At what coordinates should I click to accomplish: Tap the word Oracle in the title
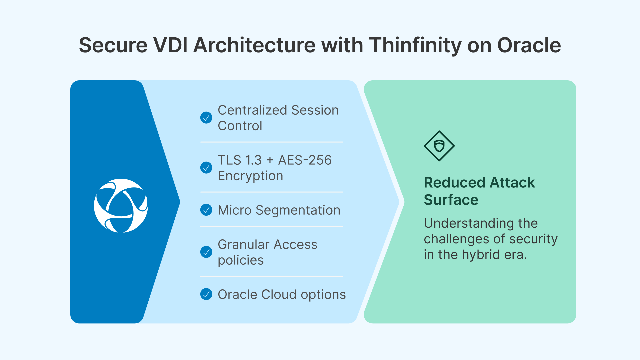pyautogui.click(x=529, y=45)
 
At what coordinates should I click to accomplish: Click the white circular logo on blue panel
pyautogui.click(x=121, y=206)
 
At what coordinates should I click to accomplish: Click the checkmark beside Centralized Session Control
pyautogui.click(x=206, y=118)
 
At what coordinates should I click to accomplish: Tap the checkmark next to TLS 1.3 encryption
pyautogui.click(x=206, y=168)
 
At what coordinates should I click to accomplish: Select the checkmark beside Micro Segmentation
pyautogui.click(x=206, y=210)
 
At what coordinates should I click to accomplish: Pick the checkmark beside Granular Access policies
pyautogui.click(x=206, y=252)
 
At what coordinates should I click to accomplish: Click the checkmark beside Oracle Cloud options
pyautogui.click(x=206, y=294)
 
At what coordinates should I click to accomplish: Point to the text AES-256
pyautogui.click(x=305, y=160)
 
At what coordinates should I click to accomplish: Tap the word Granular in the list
pyautogui.click(x=243, y=245)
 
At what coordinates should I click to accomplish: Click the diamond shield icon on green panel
pyautogui.click(x=439, y=146)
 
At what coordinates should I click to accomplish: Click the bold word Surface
pyautogui.click(x=451, y=200)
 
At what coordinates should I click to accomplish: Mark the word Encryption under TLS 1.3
pyautogui.click(x=250, y=176)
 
